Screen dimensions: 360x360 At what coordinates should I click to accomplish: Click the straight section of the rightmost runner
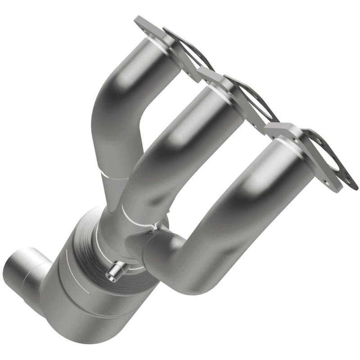252,189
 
